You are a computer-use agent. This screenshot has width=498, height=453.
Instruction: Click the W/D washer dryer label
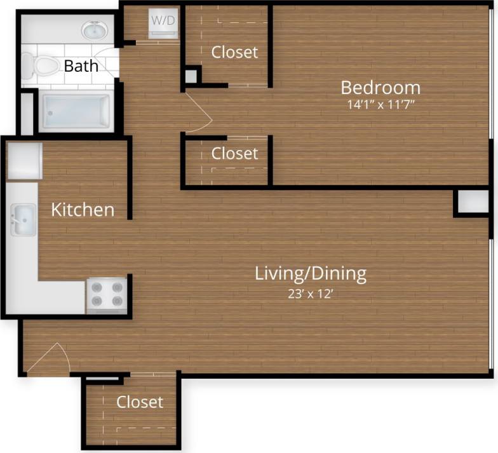[x=163, y=20]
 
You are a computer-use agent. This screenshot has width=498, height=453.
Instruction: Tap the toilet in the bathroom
[x=39, y=65]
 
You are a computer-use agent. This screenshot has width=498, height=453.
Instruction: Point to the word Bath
[x=81, y=65]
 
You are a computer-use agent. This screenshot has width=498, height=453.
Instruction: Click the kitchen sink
[x=23, y=220]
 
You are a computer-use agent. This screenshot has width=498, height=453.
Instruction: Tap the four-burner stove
[x=107, y=295]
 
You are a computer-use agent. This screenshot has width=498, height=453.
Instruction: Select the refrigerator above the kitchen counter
[x=24, y=161]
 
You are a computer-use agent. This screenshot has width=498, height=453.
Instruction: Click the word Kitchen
[x=83, y=210]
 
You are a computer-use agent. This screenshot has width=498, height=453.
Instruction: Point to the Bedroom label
[x=380, y=87]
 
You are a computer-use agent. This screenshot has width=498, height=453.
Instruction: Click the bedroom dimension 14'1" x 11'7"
[x=381, y=105]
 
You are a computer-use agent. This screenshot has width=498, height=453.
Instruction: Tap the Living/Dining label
[x=311, y=274]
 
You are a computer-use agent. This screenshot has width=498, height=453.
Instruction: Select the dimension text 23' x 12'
[x=311, y=294]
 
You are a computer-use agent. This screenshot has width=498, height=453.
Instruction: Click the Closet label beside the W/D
[x=235, y=52]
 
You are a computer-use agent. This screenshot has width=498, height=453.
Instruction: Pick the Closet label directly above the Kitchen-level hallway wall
[x=235, y=153]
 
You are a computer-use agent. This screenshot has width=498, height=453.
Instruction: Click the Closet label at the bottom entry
[x=140, y=402]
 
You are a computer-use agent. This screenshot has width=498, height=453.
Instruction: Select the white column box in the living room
[x=472, y=203]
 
